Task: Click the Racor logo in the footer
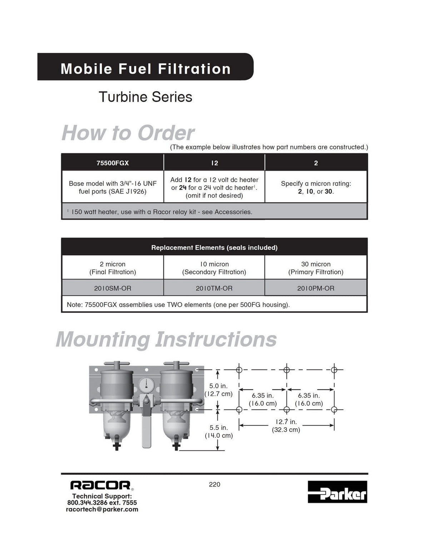pyautogui.click(x=100, y=485)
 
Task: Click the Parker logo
pyautogui.click(x=337, y=492)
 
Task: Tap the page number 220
pyautogui.click(x=214, y=484)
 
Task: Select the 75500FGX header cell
pyautogui.click(x=113, y=163)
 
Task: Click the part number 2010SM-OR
pyautogui.click(x=113, y=288)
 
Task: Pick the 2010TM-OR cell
pyautogui.click(x=214, y=288)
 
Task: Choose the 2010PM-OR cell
pyautogui.click(x=316, y=288)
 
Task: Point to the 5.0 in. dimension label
pyautogui.click(x=218, y=386)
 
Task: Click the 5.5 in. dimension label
pyautogui.click(x=218, y=427)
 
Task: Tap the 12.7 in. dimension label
pyautogui.click(x=286, y=422)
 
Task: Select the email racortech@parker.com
pyautogui.click(x=102, y=509)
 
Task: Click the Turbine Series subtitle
pyautogui.click(x=145, y=97)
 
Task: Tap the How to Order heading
pyautogui.click(x=128, y=133)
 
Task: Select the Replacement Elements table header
pyautogui.click(x=214, y=248)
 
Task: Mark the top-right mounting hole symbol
pyautogui.click(x=334, y=370)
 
